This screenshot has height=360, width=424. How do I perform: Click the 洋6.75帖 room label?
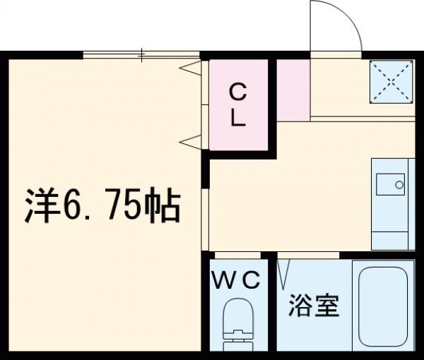pos(103,205)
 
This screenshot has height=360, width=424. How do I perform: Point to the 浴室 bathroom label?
pos(314,306)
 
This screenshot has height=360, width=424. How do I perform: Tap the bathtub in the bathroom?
pos(383,306)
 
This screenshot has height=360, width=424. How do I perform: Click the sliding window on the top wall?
pos(141,54)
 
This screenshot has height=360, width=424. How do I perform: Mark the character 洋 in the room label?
pos(40,205)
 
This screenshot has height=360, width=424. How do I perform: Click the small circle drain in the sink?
pos(399,185)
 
